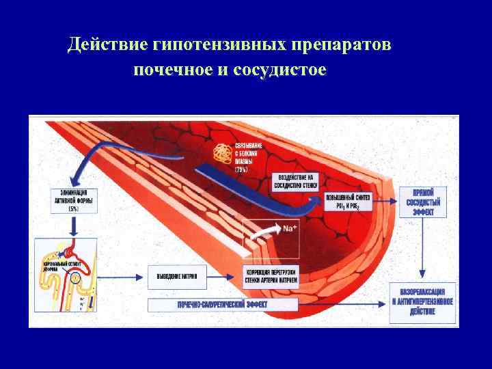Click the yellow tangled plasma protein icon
(221, 155)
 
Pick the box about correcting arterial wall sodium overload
(272, 275)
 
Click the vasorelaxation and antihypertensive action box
(421, 302)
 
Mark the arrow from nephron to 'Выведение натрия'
(124, 276)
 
